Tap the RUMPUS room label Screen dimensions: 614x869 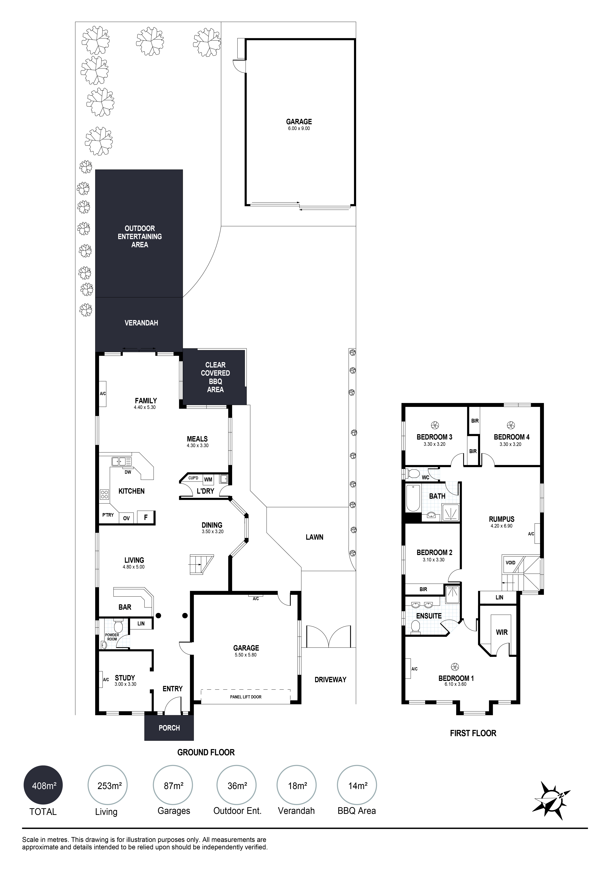tap(502, 519)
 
